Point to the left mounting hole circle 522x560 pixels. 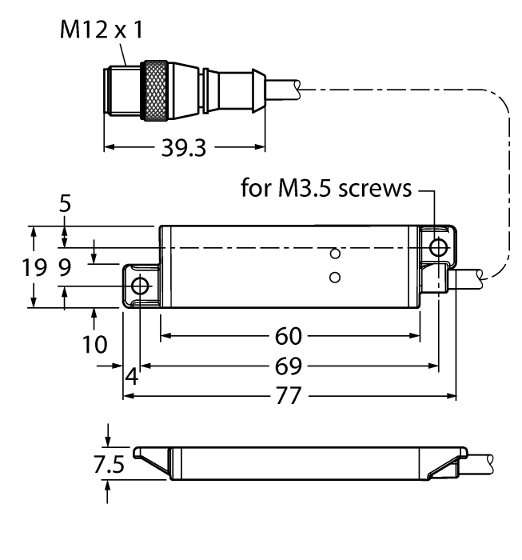[140, 286]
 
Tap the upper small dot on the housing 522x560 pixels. [335, 253]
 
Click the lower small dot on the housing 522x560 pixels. [335, 278]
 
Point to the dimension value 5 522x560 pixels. [65, 204]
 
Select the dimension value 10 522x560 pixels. [94, 345]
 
